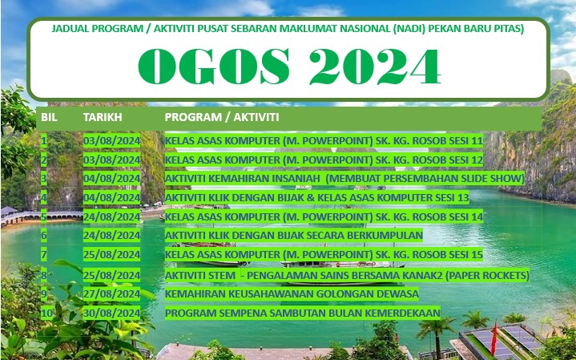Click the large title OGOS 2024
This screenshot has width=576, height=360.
coord(289,67)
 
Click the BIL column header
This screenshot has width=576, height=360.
coord(49,117)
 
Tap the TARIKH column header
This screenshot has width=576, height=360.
coord(103,117)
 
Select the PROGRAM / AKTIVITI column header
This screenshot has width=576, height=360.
coord(222,117)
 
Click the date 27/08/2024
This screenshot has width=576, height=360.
coord(111,294)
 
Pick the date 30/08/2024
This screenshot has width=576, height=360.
coord(111,313)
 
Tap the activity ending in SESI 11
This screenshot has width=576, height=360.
coord(324,141)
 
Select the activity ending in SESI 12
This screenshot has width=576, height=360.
coord(324,160)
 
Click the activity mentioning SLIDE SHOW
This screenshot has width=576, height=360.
coord(344,179)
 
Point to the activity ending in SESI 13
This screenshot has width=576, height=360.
coord(316,198)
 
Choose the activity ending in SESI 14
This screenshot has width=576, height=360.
coord(324,217)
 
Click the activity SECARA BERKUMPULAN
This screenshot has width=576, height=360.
coord(293,236)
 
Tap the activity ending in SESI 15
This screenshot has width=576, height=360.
coord(324,254)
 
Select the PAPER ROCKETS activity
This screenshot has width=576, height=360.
coord(347,275)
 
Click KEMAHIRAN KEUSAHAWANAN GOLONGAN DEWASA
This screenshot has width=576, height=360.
coord(292,294)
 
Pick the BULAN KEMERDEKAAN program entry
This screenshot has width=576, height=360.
coord(302,313)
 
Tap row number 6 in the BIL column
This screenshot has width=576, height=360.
coord(44,236)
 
